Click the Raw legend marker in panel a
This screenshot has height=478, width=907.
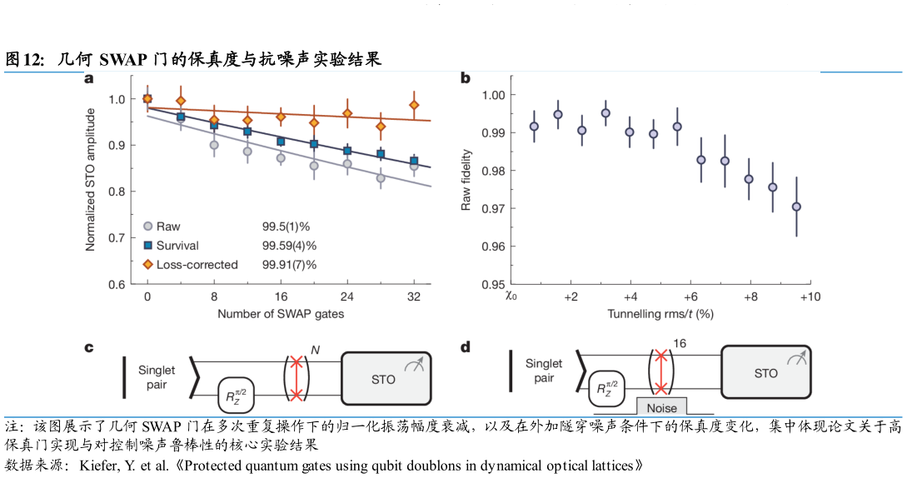147,226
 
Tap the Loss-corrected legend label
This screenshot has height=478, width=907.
197,265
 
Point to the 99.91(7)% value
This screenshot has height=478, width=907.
290,265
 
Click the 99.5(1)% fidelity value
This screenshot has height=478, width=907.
287,226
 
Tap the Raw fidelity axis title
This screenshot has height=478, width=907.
468,179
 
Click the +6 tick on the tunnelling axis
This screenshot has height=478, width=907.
690,297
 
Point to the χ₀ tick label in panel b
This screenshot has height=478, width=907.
511,297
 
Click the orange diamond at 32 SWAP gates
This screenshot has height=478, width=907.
414,105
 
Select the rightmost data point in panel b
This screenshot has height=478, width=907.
797,207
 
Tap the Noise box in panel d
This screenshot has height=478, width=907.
662,407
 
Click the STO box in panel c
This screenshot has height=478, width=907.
386,379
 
